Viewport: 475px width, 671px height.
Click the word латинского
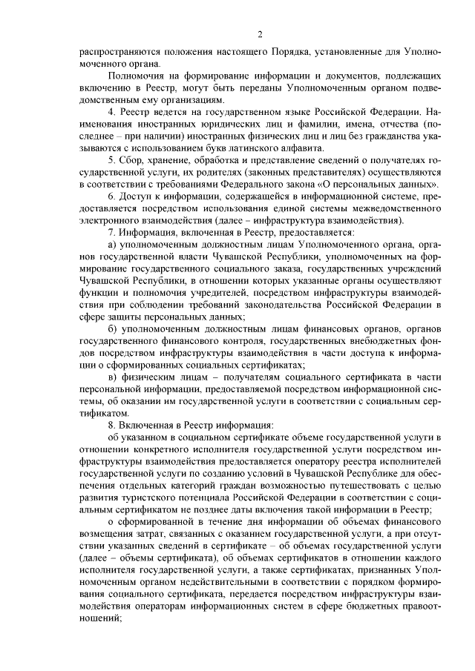pos(246,147)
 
